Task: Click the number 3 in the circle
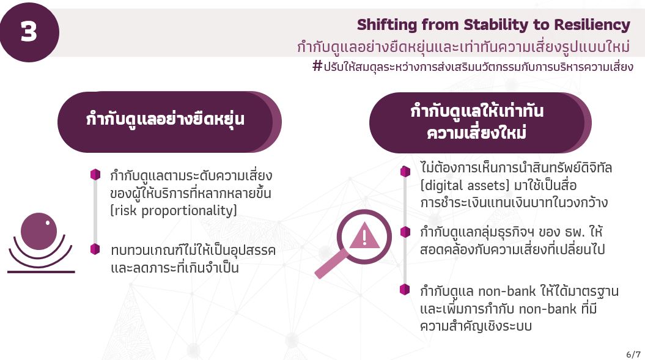click(x=29, y=31)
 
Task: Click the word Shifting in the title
click(x=386, y=24)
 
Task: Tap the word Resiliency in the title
click(x=592, y=24)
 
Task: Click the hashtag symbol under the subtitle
click(x=317, y=65)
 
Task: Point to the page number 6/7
click(x=633, y=354)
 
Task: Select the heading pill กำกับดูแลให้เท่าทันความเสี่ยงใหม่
click(x=481, y=123)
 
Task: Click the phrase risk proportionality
click(x=174, y=211)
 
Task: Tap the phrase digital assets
click(x=465, y=186)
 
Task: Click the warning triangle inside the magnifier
click(x=364, y=236)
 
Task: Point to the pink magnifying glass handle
click(x=332, y=263)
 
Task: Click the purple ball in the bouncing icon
click(x=39, y=231)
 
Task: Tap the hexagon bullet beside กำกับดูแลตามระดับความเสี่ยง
click(x=95, y=174)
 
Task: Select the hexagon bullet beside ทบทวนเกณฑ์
click(x=95, y=249)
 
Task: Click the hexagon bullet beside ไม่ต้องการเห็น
click(x=405, y=172)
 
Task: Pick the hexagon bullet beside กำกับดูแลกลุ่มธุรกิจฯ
click(x=405, y=232)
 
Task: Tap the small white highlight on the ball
click(x=48, y=222)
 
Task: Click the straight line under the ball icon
click(x=41, y=271)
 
